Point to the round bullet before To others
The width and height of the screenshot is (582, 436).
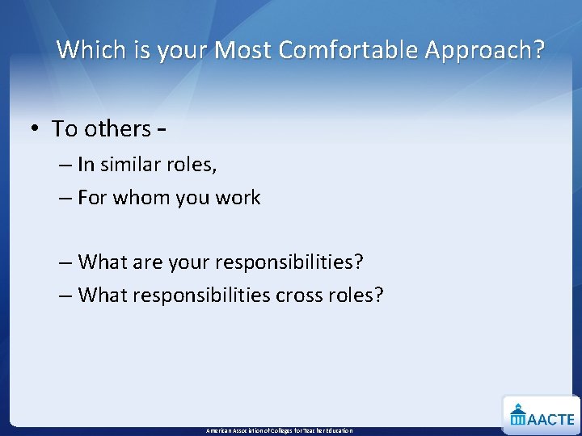pyautogui.click(x=38, y=129)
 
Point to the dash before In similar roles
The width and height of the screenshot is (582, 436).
pyautogui.click(x=65, y=165)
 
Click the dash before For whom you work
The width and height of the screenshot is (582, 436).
pyautogui.click(x=65, y=198)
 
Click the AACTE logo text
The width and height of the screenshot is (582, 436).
pyautogui.click(x=551, y=419)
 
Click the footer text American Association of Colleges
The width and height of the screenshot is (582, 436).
pyautogui.click(x=279, y=431)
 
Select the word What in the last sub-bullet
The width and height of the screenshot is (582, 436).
pyautogui.click(x=103, y=296)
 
